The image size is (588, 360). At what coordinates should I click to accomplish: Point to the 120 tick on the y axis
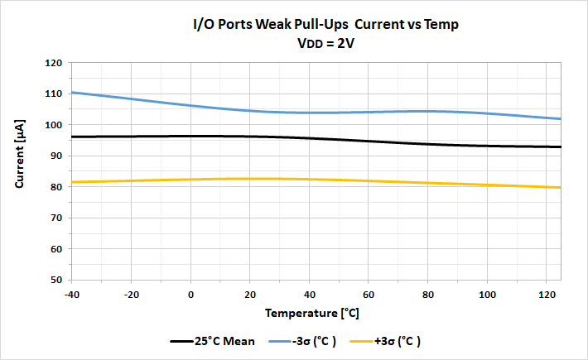pyautogui.click(x=54, y=63)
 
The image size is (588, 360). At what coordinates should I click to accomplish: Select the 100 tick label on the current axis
pyautogui.click(x=54, y=125)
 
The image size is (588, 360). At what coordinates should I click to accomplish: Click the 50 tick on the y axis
pyautogui.click(x=56, y=280)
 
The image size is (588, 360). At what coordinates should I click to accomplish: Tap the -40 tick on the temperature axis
pyautogui.click(x=72, y=294)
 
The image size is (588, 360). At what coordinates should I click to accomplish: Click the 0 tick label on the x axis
pyautogui.click(x=191, y=294)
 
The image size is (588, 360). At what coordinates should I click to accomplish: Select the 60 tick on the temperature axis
pyautogui.click(x=369, y=294)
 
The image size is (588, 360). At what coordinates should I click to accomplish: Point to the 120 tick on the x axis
pyautogui.click(x=547, y=294)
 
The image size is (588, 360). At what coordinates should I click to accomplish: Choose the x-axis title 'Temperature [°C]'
pyautogui.click(x=312, y=314)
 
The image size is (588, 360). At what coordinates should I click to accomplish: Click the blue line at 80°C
pyautogui.click(x=428, y=111)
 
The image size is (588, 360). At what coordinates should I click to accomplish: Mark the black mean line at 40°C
pyautogui.click(x=310, y=138)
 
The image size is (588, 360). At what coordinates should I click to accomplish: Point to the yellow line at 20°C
pyautogui.click(x=250, y=179)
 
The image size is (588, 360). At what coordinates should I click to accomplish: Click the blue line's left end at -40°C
pyautogui.click(x=74, y=93)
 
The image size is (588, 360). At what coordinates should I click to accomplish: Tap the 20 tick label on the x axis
pyautogui.click(x=250, y=294)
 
